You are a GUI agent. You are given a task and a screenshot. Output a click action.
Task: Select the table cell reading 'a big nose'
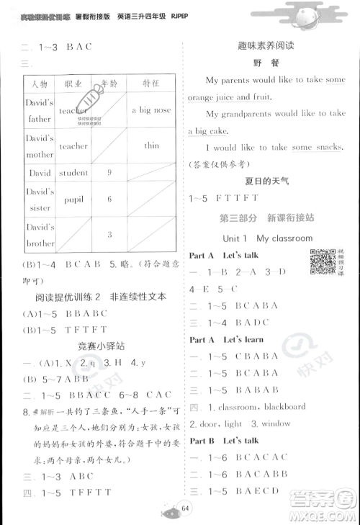[151, 110]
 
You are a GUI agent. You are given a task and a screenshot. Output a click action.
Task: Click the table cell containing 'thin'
[151, 145]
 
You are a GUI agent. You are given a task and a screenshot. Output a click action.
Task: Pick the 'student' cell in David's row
[73, 173]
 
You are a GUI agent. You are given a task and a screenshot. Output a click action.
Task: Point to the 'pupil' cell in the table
[73, 199]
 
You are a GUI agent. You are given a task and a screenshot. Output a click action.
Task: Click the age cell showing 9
[109, 173]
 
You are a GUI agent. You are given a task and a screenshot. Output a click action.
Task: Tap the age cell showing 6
[109, 199]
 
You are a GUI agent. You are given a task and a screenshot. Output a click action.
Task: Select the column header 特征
[151, 84]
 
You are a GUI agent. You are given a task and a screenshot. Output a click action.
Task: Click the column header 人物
[40, 84]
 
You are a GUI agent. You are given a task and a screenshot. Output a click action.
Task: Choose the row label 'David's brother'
[40, 235]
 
